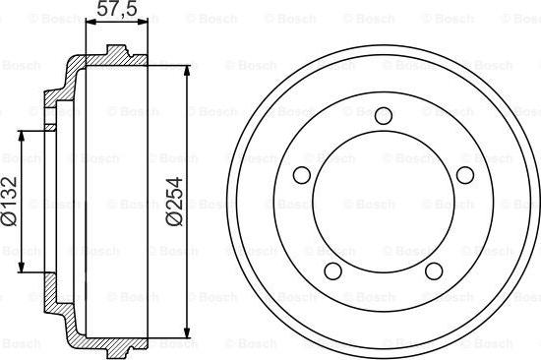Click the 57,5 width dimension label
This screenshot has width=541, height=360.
click(116, 8)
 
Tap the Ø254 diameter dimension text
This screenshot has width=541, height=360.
click(175, 202)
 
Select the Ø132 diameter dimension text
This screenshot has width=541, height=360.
click(9, 202)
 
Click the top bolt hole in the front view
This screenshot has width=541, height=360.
click(384, 115)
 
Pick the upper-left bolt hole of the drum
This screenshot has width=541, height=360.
click(302, 175)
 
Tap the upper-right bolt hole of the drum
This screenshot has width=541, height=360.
click(465, 175)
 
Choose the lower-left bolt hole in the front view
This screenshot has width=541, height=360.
click(333, 270)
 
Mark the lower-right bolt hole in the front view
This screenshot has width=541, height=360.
click(434, 270)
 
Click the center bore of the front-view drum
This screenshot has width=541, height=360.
click(384, 202)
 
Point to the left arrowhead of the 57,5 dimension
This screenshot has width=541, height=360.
click(90, 22)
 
